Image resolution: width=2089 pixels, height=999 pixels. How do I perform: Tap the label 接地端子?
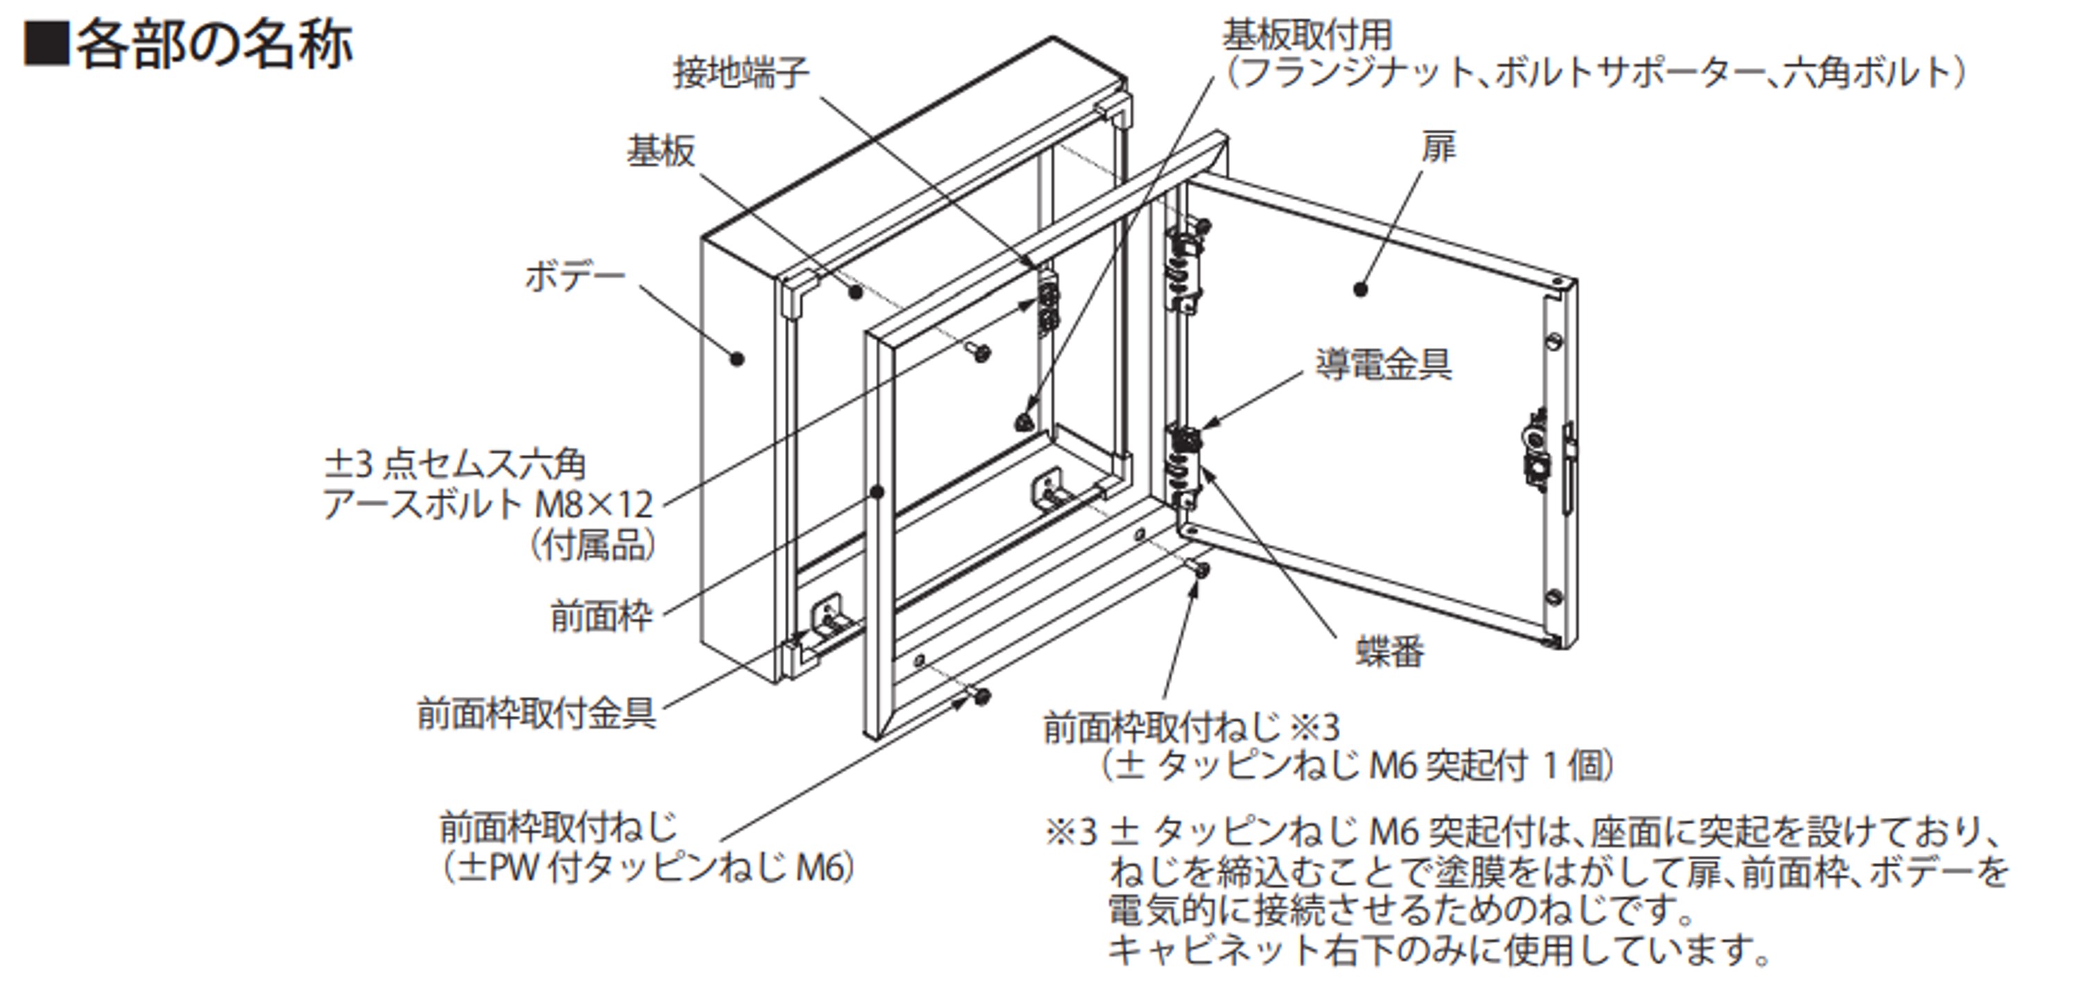pyautogui.click(x=741, y=74)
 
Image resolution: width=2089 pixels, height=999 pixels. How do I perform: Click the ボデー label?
pyautogui.click(x=574, y=277)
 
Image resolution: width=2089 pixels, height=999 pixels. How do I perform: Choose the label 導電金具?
pyautogui.click(x=1382, y=364)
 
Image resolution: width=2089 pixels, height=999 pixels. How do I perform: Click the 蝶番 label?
pyautogui.click(x=1389, y=651)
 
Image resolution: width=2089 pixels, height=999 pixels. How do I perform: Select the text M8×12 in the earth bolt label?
pyautogui.click(x=593, y=505)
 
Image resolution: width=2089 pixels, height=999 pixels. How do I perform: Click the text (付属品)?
pyautogui.click(x=593, y=546)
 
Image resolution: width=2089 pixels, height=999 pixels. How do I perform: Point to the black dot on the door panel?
pyautogui.click(x=1361, y=289)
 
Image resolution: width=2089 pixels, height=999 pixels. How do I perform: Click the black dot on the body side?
pyautogui.click(x=737, y=358)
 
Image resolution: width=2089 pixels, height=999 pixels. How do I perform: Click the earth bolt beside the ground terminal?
pyautogui.click(x=981, y=353)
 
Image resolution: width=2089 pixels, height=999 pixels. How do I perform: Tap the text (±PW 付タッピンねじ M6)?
pyautogui.click(x=646, y=868)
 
